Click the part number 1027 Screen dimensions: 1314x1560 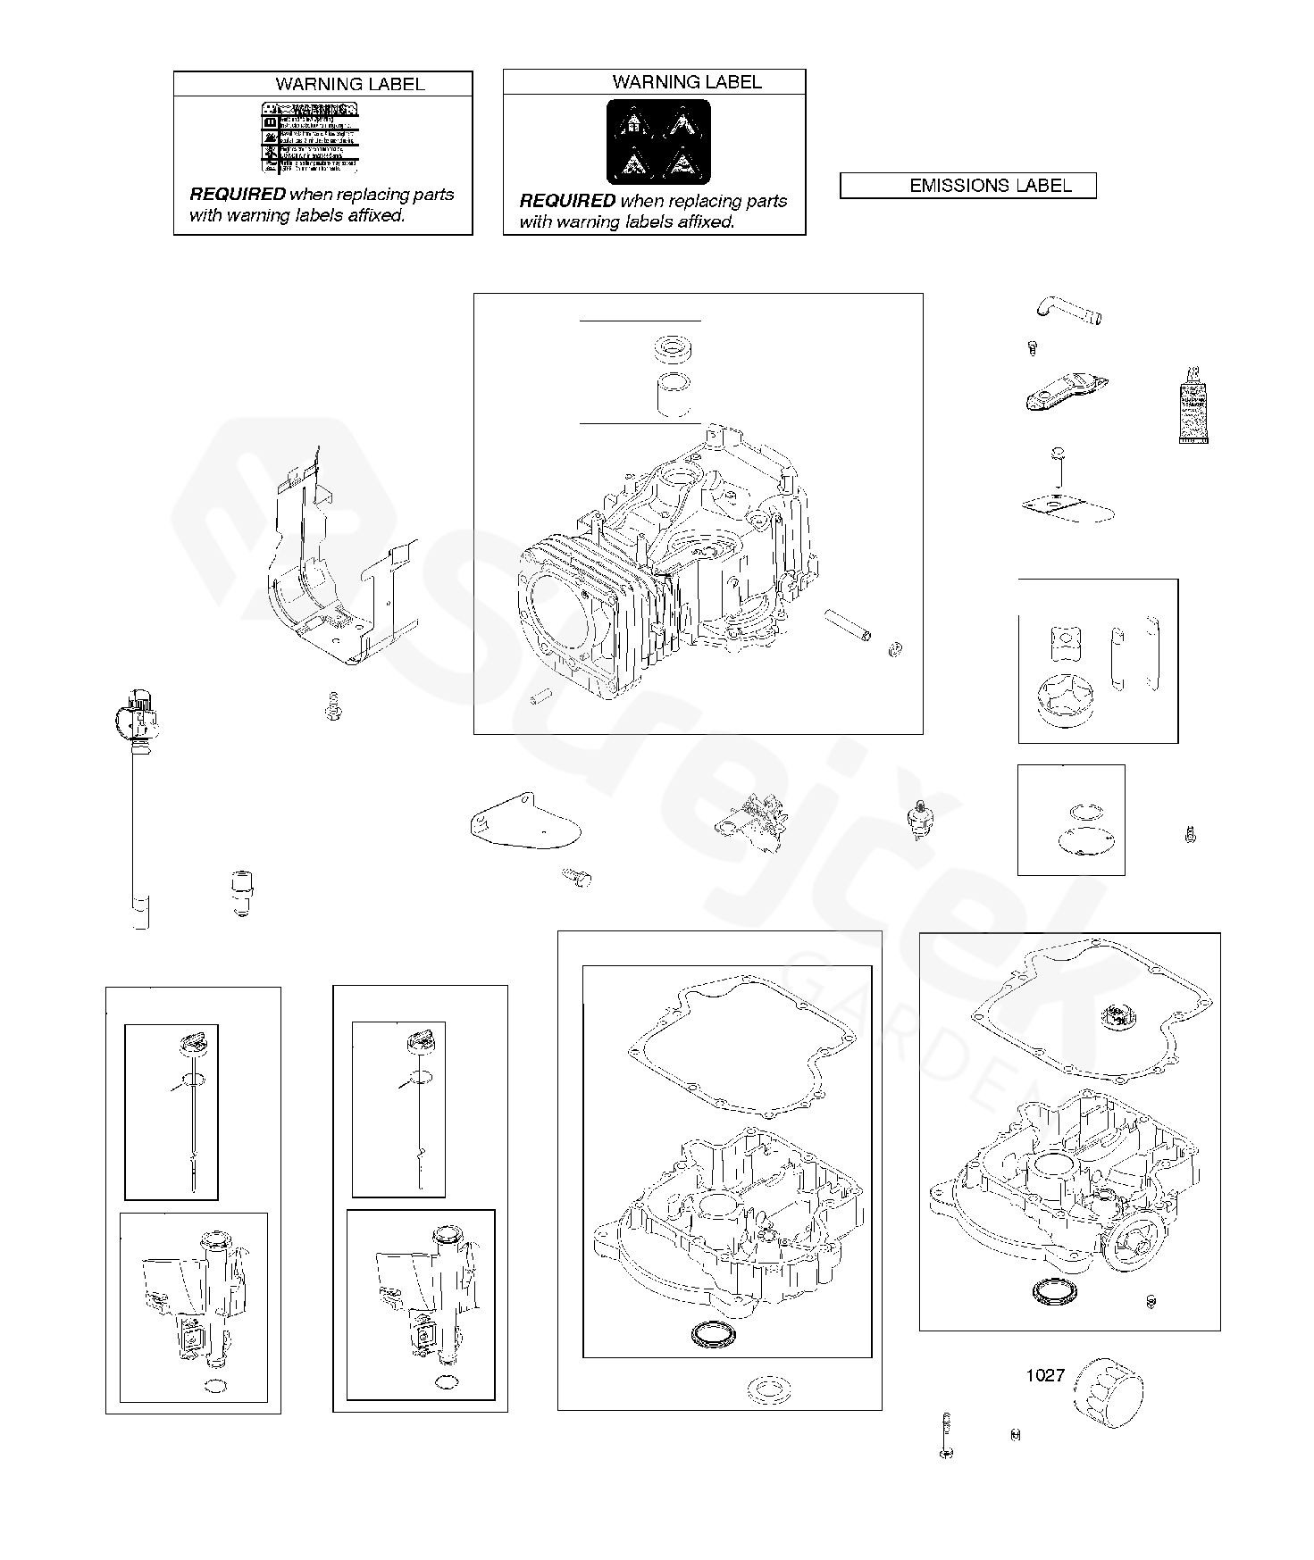pos(1044,1375)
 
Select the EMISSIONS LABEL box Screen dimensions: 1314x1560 pos(967,186)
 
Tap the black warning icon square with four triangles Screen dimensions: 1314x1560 pos(658,143)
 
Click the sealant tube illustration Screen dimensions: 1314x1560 pos(1193,405)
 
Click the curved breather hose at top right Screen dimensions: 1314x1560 pos(1068,311)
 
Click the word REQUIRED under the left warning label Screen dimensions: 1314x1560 pos(237,195)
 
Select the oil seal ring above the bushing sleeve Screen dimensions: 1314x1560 pos(674,349)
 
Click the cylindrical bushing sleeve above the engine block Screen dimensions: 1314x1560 pos(674,395)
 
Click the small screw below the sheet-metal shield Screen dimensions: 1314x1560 pos(331,710)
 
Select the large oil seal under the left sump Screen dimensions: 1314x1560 pos(711,1335)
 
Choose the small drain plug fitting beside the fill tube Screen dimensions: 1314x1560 pos(239,894)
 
